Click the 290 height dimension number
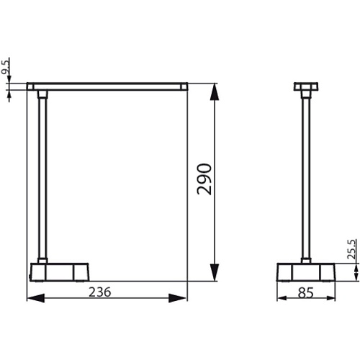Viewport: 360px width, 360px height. click(x=204, y=179)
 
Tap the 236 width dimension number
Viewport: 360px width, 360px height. click(x=100, y=292)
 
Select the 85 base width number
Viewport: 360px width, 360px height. click(x=306, y=292)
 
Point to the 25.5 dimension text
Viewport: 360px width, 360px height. click(x=351, y=249)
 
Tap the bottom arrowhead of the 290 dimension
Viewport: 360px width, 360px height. click(x=214, y=272)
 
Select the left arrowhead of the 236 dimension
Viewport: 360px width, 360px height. click(x=36, y=298)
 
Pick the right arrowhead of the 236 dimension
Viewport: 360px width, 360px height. click(x=178, y=298)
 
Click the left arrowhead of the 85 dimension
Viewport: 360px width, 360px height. click(x=282, y=298)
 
